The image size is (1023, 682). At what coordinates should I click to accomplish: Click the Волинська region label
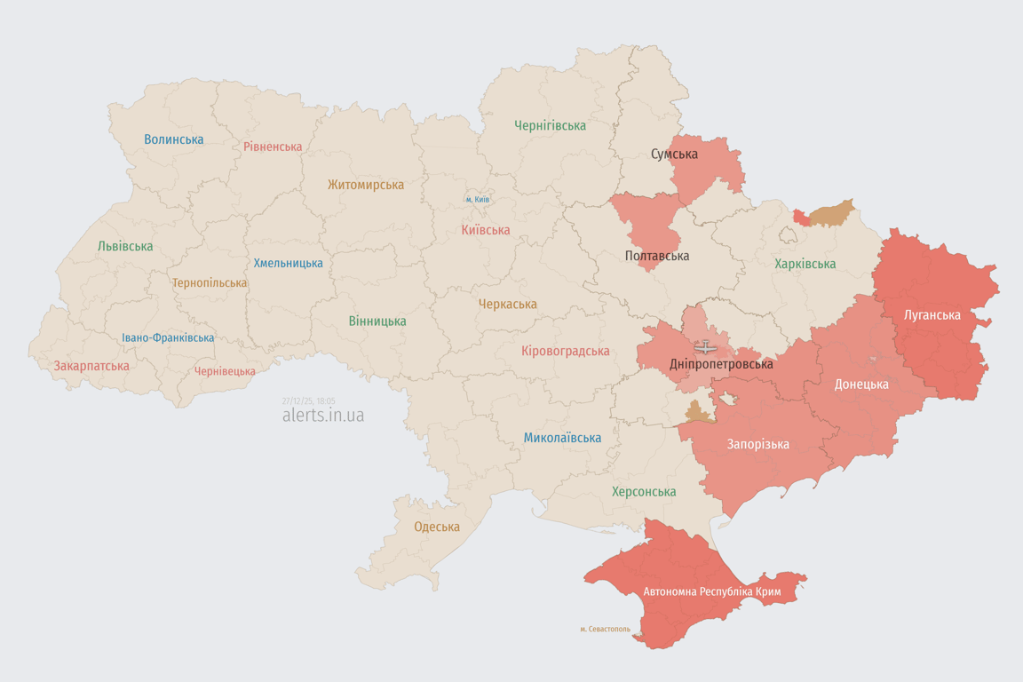tap(173, 139)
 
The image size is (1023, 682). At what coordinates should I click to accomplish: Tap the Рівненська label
tap(273, 147)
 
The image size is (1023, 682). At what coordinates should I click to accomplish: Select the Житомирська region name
tap(365, 185)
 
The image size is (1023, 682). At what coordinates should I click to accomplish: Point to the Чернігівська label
tap(550, 125)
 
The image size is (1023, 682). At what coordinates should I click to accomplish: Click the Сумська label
tap(674, 154)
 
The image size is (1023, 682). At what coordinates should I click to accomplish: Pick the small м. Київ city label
tap(478, 200)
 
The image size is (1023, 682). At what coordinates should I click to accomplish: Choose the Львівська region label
tap(125, 246)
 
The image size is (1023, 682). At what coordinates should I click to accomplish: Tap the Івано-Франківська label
tap(168, 337)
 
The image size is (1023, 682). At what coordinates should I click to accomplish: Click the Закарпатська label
tap(91, 366)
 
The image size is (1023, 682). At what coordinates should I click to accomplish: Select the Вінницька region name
tap(377, 321)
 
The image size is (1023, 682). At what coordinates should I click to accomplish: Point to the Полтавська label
tap(657, 256)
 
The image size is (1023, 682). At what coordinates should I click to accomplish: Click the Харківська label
tap(805, 264)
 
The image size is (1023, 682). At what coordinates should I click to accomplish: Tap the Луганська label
tap(932, 314)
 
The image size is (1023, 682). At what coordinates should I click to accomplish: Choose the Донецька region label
tap(860, 385)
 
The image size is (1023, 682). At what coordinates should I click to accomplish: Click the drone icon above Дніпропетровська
tap(705, 346)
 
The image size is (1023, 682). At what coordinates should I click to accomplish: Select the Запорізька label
tap(757, 444)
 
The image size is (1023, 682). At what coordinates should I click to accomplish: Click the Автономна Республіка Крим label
tap(711, 591)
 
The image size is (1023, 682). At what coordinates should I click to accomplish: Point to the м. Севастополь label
tap(605, 629)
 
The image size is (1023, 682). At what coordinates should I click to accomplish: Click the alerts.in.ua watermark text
tap(322, 415)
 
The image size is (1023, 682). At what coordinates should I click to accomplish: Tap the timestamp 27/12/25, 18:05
tap(308, 400)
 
